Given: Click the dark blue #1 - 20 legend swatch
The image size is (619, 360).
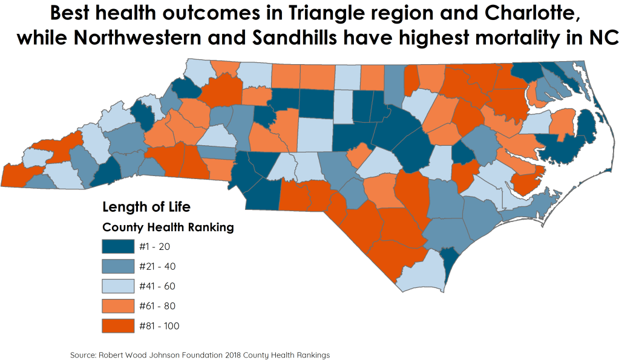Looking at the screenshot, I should (x=118, y=246).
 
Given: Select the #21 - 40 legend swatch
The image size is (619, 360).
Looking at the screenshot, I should (x=118, y=266).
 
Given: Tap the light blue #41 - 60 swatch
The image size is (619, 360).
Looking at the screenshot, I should (x=118, y=286).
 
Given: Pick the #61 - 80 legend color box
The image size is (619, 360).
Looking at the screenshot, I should (x=118, y=306).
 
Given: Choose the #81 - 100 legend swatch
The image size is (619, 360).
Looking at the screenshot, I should (x=118, y=326).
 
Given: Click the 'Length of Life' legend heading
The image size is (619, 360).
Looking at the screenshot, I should (x=146, y=207).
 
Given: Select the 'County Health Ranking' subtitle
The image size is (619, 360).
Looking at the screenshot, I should (x=168, y=227).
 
